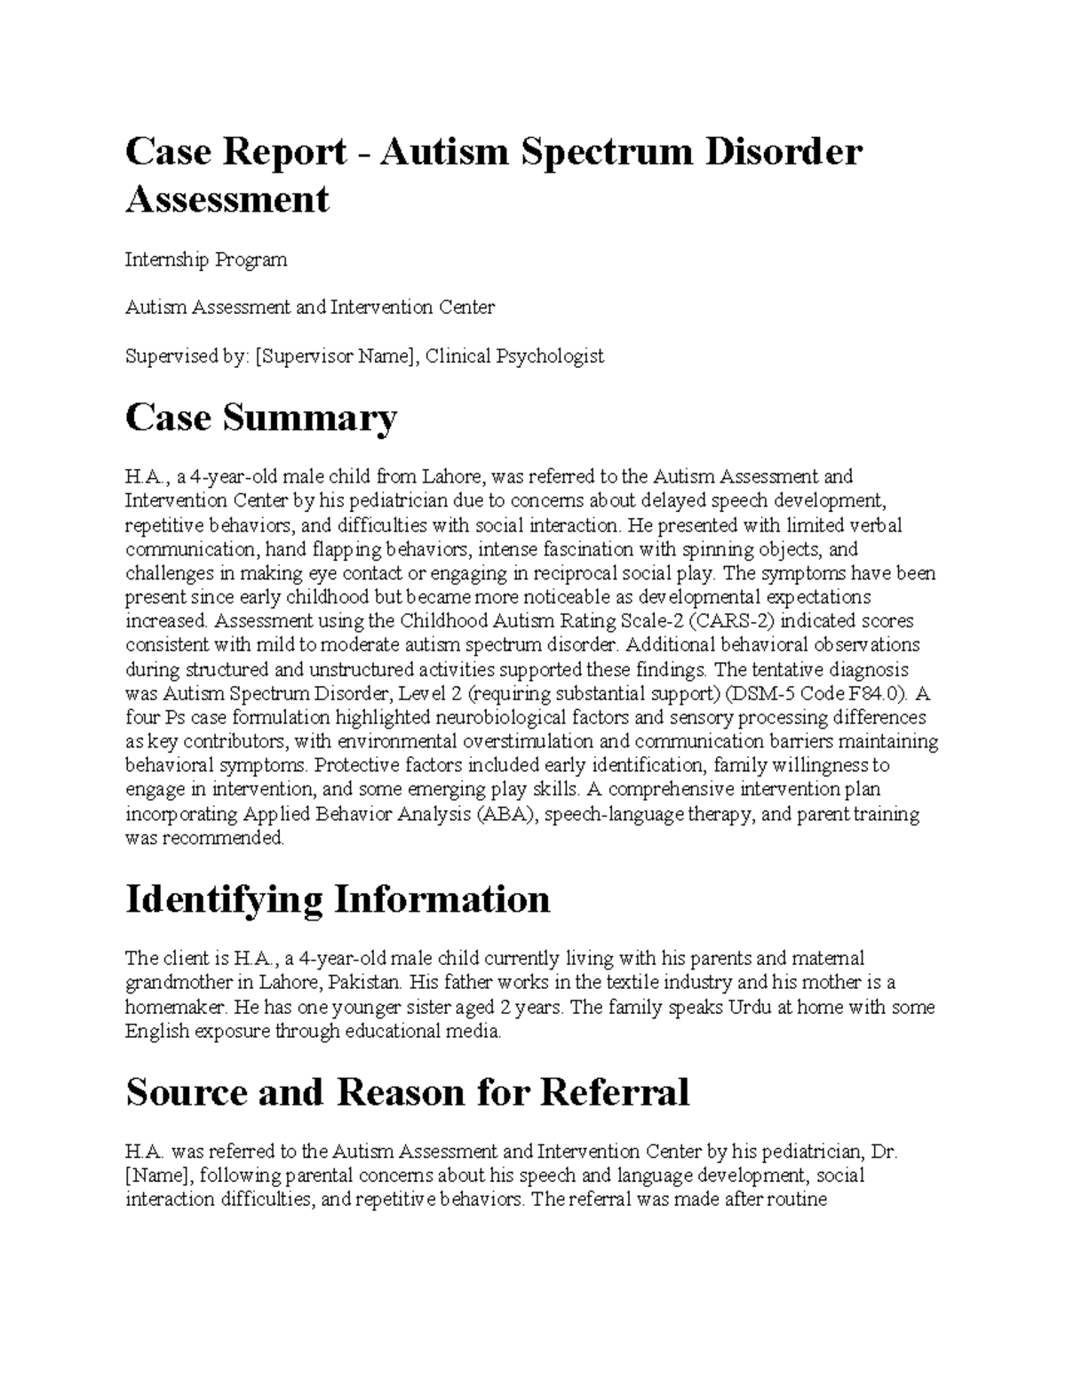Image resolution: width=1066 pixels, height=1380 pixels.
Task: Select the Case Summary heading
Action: (x=261, y=418)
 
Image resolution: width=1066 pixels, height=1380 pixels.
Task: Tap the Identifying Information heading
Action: (x=338, y=899)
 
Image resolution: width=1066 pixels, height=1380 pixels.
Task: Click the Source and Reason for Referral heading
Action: (x=408, y=1092)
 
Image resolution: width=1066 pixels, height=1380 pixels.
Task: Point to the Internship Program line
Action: (x=206, y=259)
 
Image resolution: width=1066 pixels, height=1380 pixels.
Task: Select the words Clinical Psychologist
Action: (x=514, y=356)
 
